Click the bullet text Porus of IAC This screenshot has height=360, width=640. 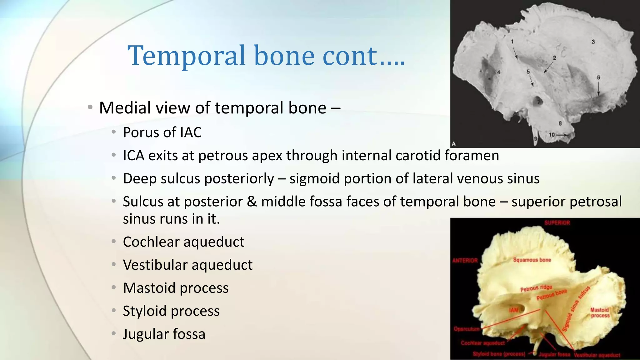162,132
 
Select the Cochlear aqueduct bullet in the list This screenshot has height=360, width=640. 183,242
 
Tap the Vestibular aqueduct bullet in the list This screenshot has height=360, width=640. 187,265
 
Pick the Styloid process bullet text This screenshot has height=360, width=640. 171,311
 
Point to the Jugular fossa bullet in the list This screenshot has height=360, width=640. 164,334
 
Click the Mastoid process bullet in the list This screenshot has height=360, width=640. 176,288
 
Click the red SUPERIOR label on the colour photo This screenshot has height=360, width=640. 557,223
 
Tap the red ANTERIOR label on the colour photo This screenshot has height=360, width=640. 465,261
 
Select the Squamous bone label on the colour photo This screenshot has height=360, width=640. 532,260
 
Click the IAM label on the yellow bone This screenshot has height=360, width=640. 513,310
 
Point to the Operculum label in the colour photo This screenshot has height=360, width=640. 466,329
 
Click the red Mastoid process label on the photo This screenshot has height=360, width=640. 600,312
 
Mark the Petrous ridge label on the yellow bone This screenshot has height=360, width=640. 536,288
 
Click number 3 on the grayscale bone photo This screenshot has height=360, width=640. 593,42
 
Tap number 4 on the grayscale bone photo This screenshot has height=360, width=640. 499,72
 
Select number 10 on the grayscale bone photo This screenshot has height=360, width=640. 552,135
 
